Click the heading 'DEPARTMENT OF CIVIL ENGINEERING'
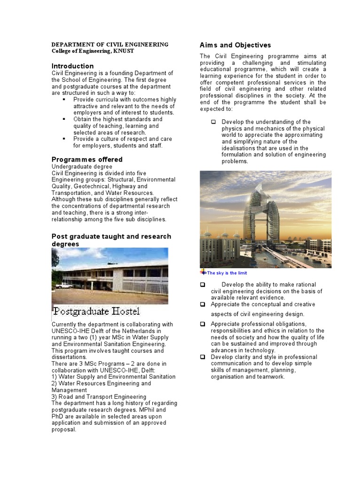[110, 45]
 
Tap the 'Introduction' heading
[72, 66]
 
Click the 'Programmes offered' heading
[87, 159]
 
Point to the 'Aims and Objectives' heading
[235, 45]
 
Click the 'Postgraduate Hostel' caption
[96, 311]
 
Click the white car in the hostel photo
[64, 285]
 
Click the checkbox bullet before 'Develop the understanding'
[213, 122]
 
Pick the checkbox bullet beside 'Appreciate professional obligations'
[203, 324]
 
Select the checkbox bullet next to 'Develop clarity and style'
[203, 357]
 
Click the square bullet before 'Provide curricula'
[64, 100]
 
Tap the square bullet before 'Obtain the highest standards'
[64, 119]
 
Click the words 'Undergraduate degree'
[82, 166]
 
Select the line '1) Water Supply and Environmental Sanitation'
[113, 377]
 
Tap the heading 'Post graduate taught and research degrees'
[111, 240]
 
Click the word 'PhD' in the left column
[57, 416]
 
